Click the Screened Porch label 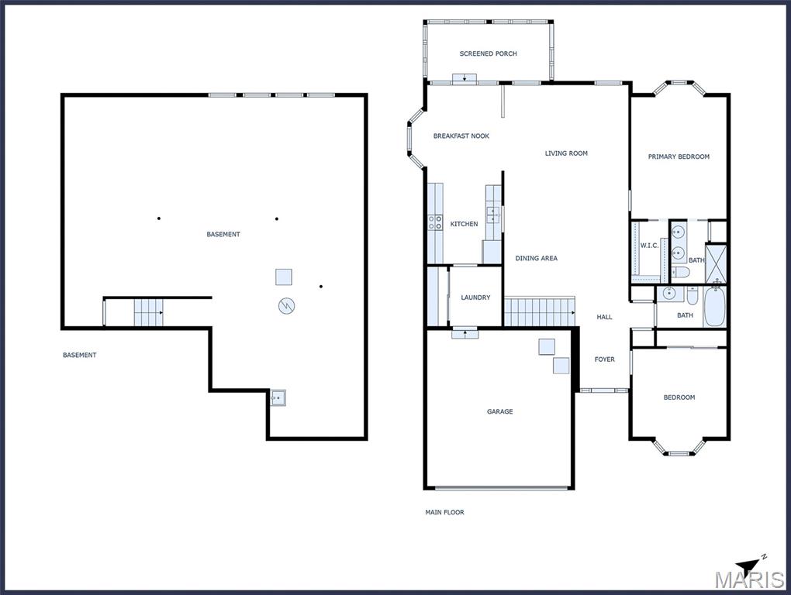click(488, 53)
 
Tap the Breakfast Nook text click(461, 136)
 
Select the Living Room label click(566, 153)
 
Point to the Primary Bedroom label click(679, 156)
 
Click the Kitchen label click(464, 224)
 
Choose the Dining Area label click(536, 258)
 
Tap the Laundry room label click(475, 297)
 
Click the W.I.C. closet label click(649, 246)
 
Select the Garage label click(500, 411)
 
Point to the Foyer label click(604, 359)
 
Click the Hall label click(604, 317)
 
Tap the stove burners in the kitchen click(435, 222)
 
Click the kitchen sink click(493, 215)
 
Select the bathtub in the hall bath click(713, 307)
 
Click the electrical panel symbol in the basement click(286, 305)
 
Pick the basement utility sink click(278, 398)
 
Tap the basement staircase click(149, 312)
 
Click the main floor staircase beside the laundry click(540, 312)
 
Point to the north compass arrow click(751, 564)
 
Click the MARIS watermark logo click(749, 580)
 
